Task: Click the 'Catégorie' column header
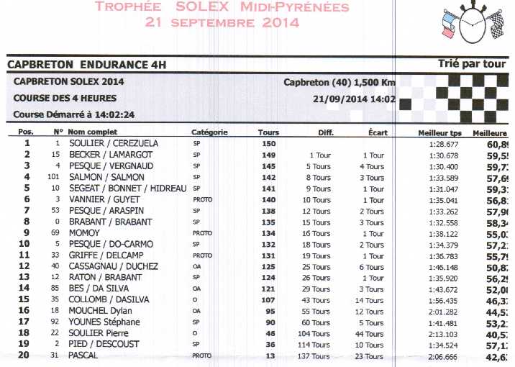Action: pyautogui.click(x=209, y=132)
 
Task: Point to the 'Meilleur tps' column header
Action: pyautogui.click(x=439, y=133)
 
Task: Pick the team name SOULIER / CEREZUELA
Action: pyautogui.click(x=113, y=143)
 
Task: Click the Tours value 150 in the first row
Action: pyautogui.click(x=269, y=143)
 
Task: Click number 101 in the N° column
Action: pyautogui.click(x=53, y=177)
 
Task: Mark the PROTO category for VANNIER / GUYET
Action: pyautogui.click(x=202, y=199)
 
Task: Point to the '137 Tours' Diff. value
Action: pyautogui.click(x=316, y=356)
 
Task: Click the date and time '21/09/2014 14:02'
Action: pyautogui.click(x=355, y=99)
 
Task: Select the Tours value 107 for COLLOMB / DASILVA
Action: pyautogui.click(x=269, y=299)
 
